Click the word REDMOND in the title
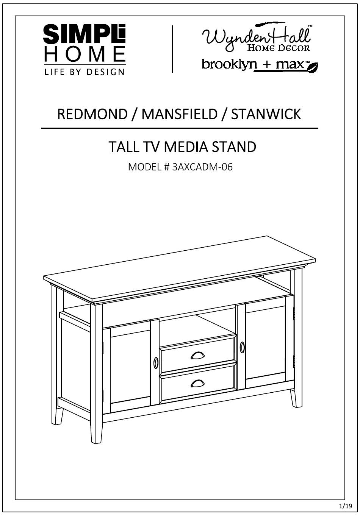[92, 114]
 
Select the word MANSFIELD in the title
[179, 114]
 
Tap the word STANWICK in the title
[266, 114]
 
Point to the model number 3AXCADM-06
[202, 167]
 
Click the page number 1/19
[345, 506]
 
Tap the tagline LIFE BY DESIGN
[85, 72]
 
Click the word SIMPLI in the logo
[84, 34]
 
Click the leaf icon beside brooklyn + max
[312, 67]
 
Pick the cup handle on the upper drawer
[197, 355]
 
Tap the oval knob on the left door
[156, 363]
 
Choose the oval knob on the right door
[242, 346]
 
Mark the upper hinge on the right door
[294, 313]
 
